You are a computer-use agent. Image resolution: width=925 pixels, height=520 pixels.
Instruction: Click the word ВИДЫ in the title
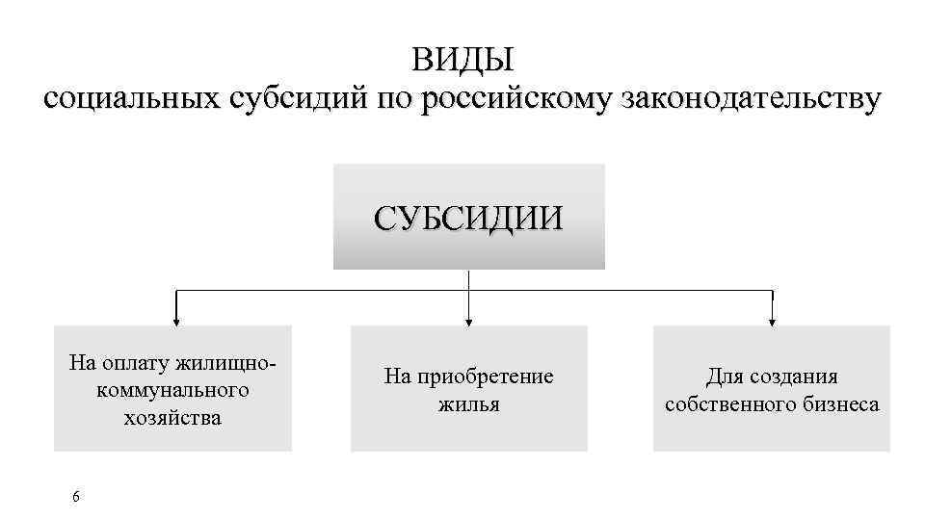[x=463, y=60]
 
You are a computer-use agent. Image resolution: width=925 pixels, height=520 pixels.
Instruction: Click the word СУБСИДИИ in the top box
[x=468, y=217]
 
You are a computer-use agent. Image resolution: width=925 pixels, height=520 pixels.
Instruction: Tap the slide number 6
[x=76, y=496]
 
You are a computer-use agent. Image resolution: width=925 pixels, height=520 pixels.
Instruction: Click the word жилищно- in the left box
[x=238, y=363]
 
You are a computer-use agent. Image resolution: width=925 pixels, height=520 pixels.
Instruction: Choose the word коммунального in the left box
[x=172, y=390]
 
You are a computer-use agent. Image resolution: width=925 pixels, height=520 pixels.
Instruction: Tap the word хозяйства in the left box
[x=172, y=417]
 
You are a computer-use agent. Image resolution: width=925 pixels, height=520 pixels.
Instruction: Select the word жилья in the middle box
[x=469, y=403]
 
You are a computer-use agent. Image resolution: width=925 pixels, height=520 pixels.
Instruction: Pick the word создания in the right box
[x=789, y=377]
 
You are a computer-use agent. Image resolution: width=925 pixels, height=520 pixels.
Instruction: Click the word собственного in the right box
[x=729, y=403]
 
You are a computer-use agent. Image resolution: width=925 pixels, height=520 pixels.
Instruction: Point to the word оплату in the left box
[x=133, y=363]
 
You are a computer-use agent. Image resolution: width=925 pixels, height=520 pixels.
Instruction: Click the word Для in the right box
[x=722, y=377]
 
